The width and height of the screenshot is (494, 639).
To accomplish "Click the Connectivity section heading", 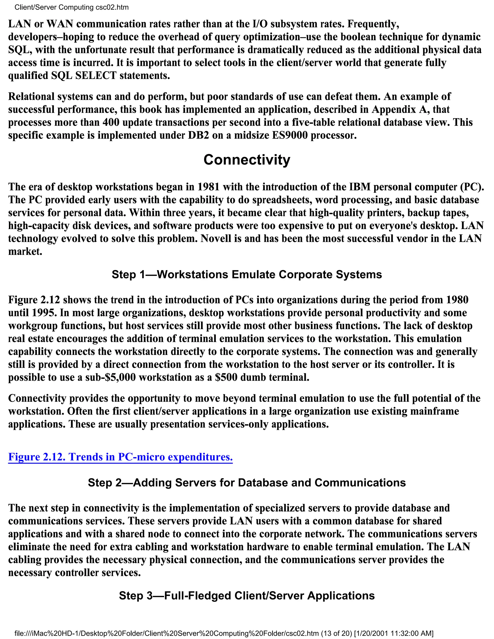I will (247, 160).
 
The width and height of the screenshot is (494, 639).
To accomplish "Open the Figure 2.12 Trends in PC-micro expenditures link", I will (120, 457).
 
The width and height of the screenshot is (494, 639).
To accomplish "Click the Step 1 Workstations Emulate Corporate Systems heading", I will (247, 274).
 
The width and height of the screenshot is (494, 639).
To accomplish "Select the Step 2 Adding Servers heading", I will (247, 483).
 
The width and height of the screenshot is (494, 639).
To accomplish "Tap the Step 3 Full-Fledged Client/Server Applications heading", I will (247, 595).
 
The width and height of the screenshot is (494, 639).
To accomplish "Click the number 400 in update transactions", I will (111, 122).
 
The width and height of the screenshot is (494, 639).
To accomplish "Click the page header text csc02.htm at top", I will (112, 7).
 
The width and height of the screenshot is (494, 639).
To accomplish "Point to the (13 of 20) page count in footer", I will (336, 633).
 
